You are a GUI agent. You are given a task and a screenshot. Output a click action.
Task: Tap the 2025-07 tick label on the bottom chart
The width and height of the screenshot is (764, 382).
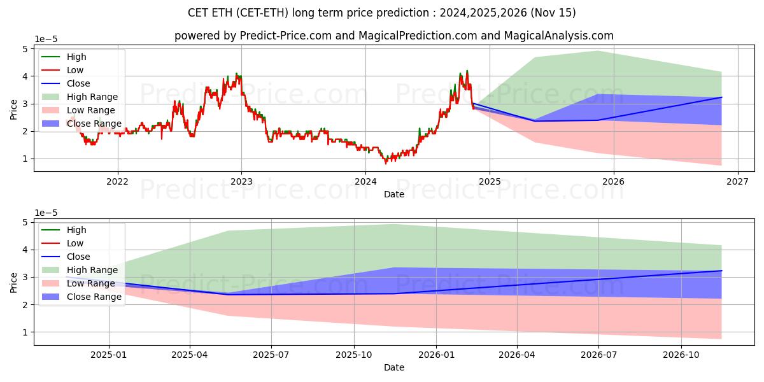(271, 355)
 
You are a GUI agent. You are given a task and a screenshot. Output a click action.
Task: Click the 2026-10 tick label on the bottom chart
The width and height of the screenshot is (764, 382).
(681, 355)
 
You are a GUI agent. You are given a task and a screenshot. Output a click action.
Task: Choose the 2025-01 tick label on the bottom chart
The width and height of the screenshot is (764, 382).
(109, 355)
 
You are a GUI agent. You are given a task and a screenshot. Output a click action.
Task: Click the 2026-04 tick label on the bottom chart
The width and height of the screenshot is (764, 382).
(517, 355)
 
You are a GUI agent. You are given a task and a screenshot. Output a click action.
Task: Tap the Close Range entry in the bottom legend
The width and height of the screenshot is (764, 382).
(94, 297)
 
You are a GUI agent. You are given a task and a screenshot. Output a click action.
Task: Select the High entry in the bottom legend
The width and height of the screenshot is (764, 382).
(76, 230)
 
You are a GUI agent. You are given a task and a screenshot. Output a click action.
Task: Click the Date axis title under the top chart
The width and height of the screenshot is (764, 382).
(394, 194)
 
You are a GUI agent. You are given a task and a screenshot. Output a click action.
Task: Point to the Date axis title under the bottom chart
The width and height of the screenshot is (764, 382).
(394, 367)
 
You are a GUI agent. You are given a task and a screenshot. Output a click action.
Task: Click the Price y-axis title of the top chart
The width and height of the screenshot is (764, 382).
(14, 108)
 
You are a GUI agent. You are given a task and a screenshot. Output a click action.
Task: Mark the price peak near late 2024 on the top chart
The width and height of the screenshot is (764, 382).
(467, 71)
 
